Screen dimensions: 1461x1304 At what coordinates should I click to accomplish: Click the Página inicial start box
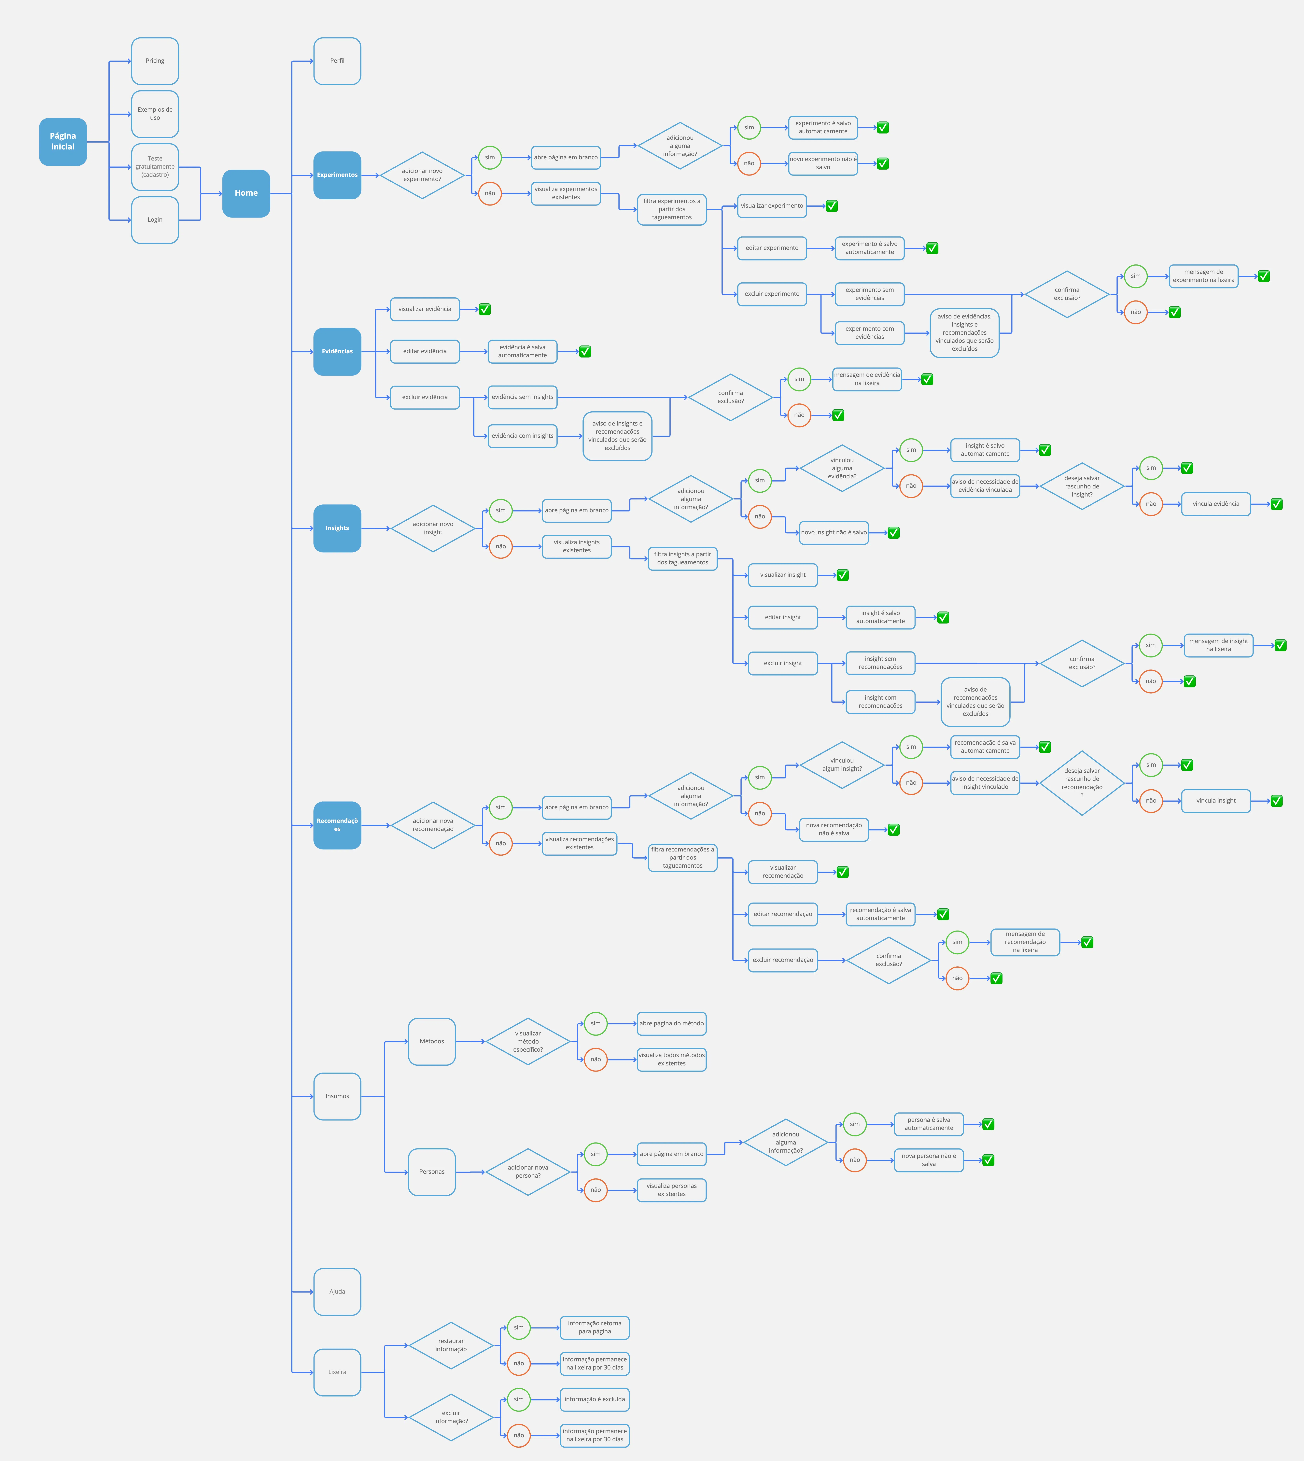tap(63, 142)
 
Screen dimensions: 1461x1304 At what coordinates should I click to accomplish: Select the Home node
tap(246, 193)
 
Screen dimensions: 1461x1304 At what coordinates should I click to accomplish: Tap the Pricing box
tap(155, 61)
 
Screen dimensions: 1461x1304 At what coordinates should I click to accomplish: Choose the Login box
tap(155, 220)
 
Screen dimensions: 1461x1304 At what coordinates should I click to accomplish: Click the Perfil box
tap(337, 61)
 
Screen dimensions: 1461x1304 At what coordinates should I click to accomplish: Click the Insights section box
tap(337, 528)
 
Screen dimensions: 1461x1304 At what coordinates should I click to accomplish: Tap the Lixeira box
tap(337, 1372)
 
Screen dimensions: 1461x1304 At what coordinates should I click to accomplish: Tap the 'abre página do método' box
tap(671, 1023)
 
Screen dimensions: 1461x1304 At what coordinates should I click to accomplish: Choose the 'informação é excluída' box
tap(594, 1399)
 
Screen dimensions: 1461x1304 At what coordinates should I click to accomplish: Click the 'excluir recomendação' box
tap(782, 960)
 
